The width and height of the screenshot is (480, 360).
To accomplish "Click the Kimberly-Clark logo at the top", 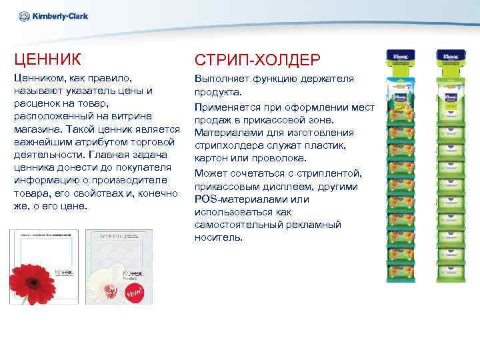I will pyautogui.click(x=54, y=17).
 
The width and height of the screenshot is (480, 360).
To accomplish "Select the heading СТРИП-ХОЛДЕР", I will pyautogui.click(x=257, y=60).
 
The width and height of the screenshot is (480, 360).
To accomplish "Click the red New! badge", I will pyautogui.click(x=137, y=293).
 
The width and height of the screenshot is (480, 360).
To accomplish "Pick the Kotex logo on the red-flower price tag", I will pyautogui.click(x=63, y=273).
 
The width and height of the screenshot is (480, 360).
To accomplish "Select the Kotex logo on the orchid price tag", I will pyautogui.click(x=134, y=273).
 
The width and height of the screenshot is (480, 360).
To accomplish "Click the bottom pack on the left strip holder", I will pyautogui.click(x=401, y=270).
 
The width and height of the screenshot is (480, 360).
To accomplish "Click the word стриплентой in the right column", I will pyautogui.click(x=330, y=173).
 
